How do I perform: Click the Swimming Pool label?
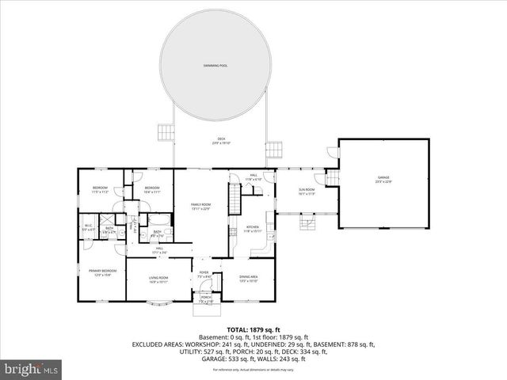[214, 66]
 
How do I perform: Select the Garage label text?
[383, 180]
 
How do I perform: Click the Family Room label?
[200, 207]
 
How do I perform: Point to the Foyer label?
[204, 275]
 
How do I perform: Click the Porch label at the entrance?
[205, 299]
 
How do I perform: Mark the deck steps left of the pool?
[165, 131]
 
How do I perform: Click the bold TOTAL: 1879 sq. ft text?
[253, 329]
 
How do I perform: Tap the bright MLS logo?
[32, 369]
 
